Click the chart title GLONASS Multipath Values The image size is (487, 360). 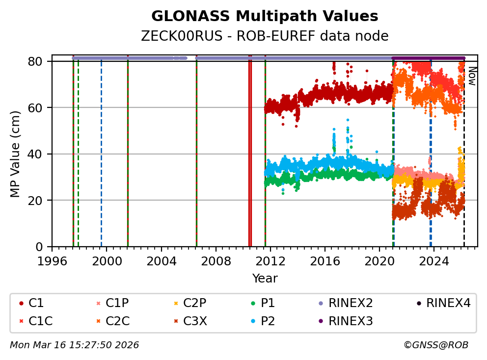coord(265,16)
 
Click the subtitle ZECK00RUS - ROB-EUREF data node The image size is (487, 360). coord(265,36)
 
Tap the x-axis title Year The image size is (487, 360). coord(265,279)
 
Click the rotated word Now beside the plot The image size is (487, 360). coord(471,76)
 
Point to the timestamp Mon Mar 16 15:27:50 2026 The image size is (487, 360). coord(74,345)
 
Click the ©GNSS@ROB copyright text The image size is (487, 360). coord(435,345)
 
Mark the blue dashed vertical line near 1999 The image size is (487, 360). coord(101,152)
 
